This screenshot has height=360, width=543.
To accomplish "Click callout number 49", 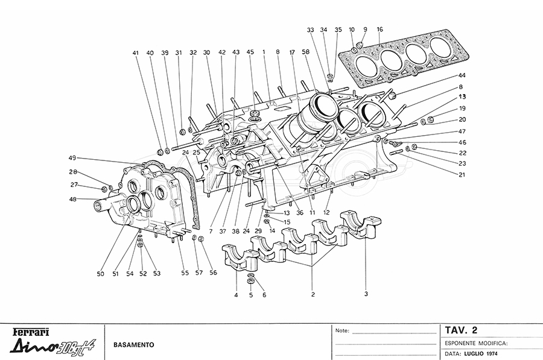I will pyautogui.click(x=72, y=158).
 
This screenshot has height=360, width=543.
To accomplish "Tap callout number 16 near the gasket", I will pyautogui.click(x=379, y=29).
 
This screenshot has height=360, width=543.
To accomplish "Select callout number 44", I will pyautogui.click(x=462, y=75).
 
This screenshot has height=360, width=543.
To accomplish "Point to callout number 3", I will pyautogui.click(x=366, y=294).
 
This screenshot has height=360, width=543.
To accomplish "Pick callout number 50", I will pyautogui.click(x=100, y=274).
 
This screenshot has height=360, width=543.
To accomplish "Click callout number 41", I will pyautogui.click(x=136, y=52).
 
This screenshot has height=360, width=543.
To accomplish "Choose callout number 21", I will pyautogui.click(x=462, y=175).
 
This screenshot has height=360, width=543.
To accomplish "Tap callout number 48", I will pyautogui.click(x=72, y=199).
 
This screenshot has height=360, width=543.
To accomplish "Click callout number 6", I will pyautogui.click(x=264, y=295).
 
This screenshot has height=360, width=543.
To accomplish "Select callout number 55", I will pyautogui.click(x=185, y=273).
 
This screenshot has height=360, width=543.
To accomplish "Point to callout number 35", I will pyautogui.click(x=338, y=30).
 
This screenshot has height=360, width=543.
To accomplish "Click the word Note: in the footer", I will pyautogui.click(x=341, y=330).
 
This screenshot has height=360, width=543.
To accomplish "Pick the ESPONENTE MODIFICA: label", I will pyautogui.click(x=476, y=342).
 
